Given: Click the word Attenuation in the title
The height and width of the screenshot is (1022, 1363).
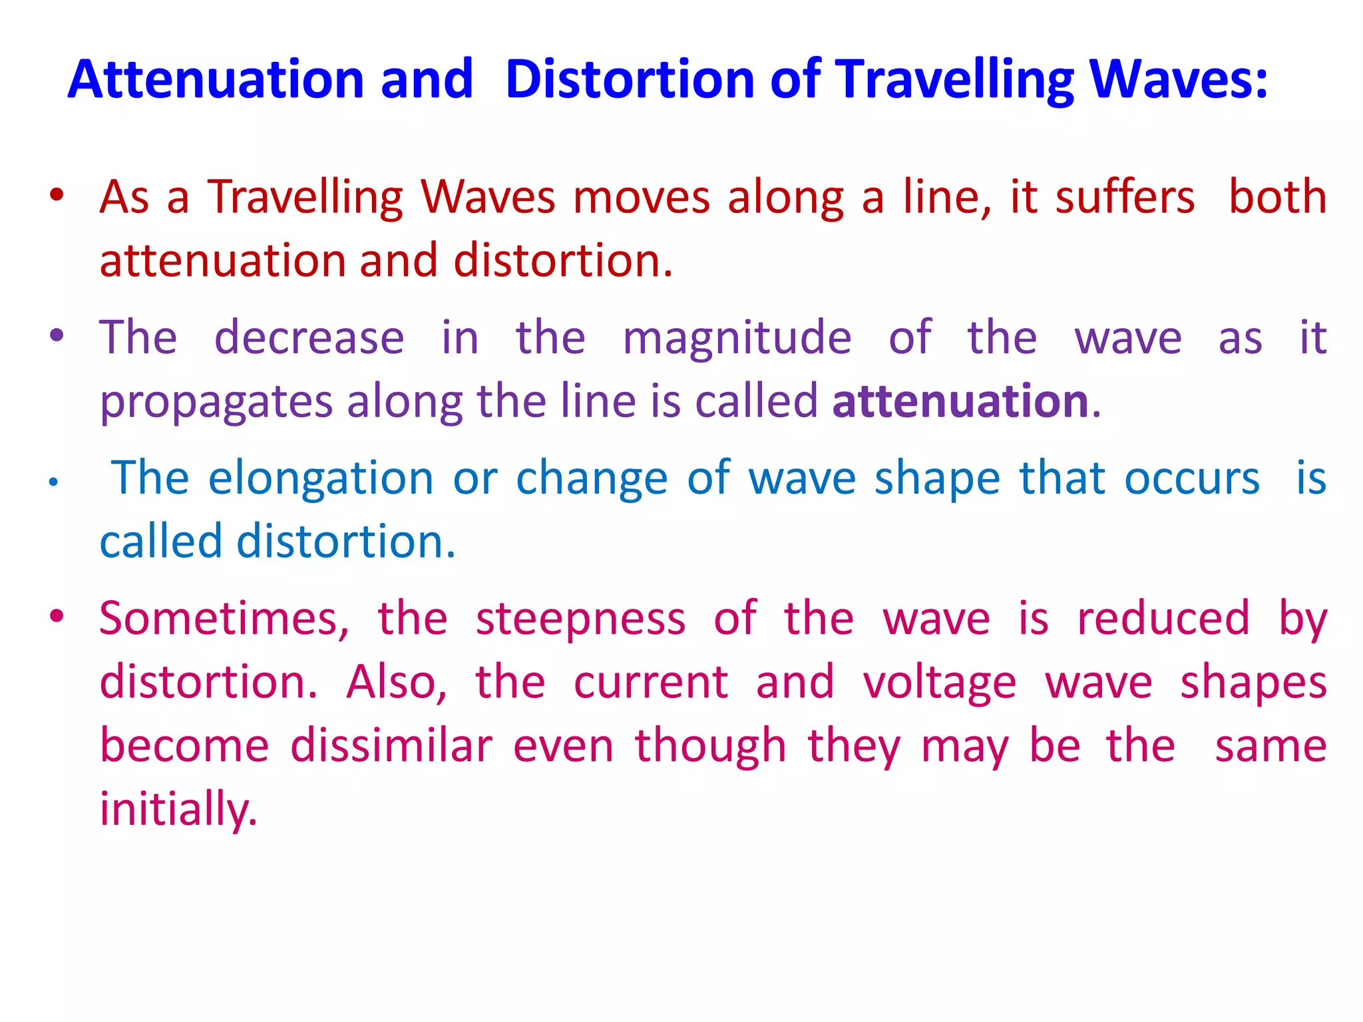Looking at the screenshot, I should [216, 79].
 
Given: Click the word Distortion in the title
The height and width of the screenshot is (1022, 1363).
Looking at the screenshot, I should [629, 79].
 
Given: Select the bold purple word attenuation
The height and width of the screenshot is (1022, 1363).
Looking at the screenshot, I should [960, 401].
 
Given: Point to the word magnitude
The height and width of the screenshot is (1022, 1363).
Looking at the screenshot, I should [737, 337].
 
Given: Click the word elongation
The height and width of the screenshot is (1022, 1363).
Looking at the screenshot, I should [321, 479].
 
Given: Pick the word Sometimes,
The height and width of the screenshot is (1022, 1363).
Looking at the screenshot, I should [224, 619].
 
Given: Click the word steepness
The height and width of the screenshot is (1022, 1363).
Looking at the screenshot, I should [580, 619].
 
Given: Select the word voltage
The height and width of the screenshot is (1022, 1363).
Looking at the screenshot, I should [939, 683].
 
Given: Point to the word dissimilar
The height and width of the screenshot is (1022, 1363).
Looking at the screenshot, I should [391, 746].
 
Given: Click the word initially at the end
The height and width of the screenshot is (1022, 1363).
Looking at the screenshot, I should [177, 810].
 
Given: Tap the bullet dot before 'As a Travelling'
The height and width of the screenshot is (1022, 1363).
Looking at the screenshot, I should [57, 195].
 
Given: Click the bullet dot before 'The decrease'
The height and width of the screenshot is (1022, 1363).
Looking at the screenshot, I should [57, 335].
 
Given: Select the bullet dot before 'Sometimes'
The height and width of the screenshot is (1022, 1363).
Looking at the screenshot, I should [57, 616].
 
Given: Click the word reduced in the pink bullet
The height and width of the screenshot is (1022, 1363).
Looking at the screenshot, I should [1163, 619].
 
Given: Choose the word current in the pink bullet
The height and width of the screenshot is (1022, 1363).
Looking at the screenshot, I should [651, 683].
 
